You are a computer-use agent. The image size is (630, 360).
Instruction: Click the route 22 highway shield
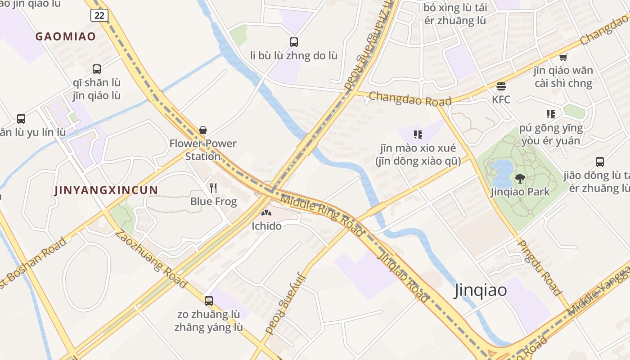click(99, 15)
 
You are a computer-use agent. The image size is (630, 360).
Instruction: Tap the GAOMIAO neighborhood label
click(66, 36)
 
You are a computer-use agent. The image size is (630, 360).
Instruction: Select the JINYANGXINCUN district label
click(106, 190)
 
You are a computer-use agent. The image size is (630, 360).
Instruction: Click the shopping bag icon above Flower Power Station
click(203, 130)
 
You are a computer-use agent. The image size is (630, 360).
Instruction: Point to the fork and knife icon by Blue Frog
click(213, 188)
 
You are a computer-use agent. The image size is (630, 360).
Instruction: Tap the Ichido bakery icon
click(266, 213)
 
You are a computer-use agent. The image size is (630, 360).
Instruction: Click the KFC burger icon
click(501, 86)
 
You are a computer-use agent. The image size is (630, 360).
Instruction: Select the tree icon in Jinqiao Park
click(520, 179)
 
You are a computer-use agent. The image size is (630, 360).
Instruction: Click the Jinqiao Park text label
click(520, 192)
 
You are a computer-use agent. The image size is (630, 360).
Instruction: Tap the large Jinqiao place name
click(481, 290)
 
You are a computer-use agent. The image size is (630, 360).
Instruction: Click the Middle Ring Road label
click(321, 215)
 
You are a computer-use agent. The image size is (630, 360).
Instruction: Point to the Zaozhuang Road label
click(150, 258)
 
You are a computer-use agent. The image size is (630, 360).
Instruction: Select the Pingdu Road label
click(540, 267)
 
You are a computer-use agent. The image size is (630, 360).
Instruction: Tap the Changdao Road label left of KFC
click(410, 99)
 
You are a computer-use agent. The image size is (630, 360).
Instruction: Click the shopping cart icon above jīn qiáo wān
click(563, 58)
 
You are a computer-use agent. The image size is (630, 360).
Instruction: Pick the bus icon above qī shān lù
click(97, 69)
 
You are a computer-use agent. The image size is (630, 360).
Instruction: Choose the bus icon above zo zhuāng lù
click(209, 301)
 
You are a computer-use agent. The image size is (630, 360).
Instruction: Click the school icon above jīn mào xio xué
click(418, 134)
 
